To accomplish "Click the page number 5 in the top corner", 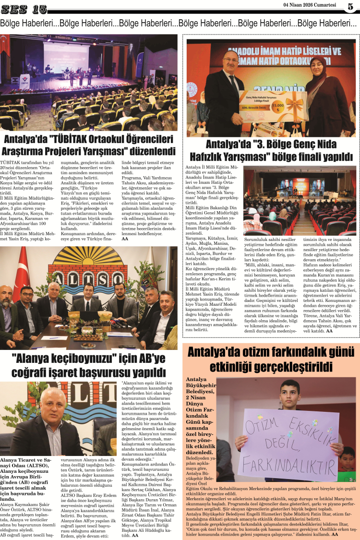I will (351, 7).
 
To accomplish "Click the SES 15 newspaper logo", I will (24, 8).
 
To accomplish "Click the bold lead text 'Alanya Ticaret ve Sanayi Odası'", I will (26, 463).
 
